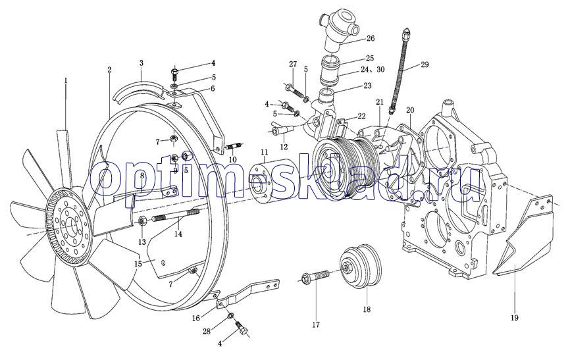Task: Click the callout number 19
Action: (514, 318)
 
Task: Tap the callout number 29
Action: (425, 64)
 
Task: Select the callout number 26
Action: (370, 38)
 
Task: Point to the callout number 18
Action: (367, 309)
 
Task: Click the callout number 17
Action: (316, 324)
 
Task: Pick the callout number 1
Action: (66, 80)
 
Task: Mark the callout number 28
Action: (207, 331)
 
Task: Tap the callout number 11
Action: (265, 151)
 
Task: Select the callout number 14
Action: (178, 234)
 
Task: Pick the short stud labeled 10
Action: (234, 148)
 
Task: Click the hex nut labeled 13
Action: (142, 221)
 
